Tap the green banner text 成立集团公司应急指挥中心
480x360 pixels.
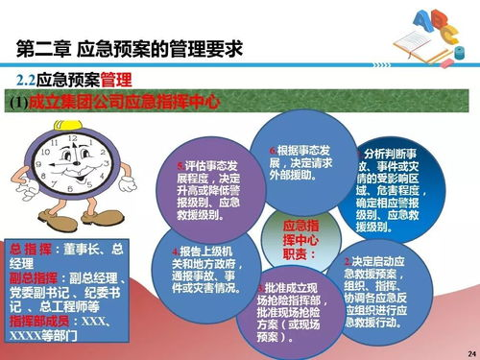(x=125, y=100)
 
